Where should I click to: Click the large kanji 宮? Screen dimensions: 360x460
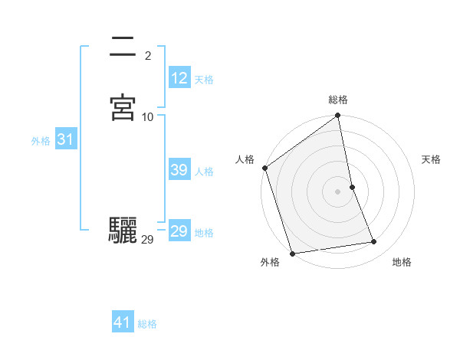click(x=123, y=108)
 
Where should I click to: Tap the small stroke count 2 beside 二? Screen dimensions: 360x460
click(x=148, y=56)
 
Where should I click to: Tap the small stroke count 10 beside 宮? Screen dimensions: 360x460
click(x=148, y=117)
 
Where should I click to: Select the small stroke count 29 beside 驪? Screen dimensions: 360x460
click(x=148, y=240)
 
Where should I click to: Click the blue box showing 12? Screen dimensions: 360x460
click(x=179, y=78)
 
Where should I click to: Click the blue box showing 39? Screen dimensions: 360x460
click(x=179, y=170)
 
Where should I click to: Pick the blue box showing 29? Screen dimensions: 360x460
click(x=179, y=231)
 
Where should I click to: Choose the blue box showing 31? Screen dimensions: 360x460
click(x=65, y=139)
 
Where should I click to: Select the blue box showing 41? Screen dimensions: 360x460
click(x=123, y=323)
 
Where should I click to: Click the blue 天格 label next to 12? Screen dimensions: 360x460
click(x=204, y=80)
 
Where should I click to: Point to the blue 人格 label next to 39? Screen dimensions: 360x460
click(x=204, y=172)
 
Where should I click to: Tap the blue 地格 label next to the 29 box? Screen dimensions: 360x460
click(x=204, y=233)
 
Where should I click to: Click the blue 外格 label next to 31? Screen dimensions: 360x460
click(x=41, y=141)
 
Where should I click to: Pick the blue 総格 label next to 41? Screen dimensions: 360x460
click(x=147, y=325)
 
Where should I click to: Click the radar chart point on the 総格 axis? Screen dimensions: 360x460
click(x=338, y=116)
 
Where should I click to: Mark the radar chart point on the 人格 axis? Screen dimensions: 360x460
click(x=265, y=168)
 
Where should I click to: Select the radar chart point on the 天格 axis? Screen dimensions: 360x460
click(x=352, y=187)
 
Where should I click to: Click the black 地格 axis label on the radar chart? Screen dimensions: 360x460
click(x=402, y=262)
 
